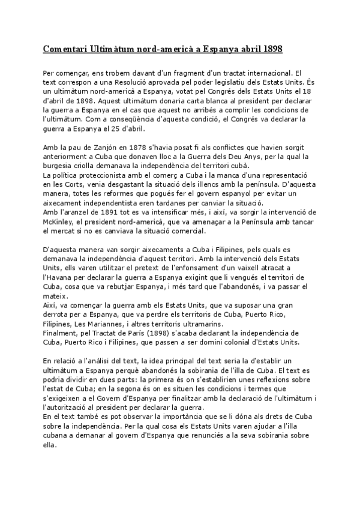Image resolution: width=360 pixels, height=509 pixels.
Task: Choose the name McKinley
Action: pyautogui.click(x=60, y=221)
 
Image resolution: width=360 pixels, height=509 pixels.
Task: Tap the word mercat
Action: pyautogui.click(x=71, y=230)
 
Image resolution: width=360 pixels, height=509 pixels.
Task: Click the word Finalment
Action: pyautogui.click(x=61, y=333)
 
